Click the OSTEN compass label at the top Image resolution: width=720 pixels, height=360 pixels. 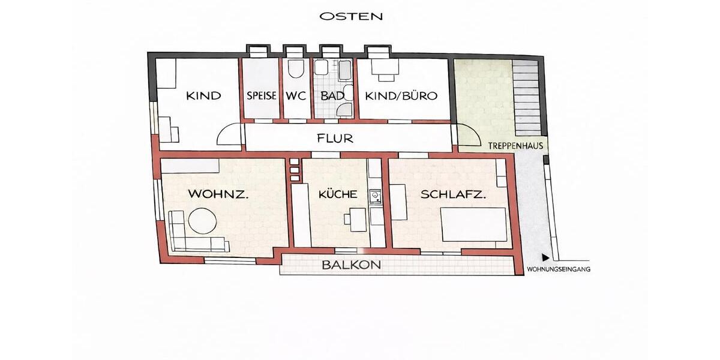click(351, 16)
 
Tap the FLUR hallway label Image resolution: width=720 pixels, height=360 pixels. click(335, 139)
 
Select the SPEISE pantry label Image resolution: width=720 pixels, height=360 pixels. click(261, 96)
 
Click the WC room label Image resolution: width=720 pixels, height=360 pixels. click(296, 96)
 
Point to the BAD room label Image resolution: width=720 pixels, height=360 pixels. click(332, 96)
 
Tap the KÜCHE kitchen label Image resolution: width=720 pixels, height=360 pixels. click(338, 194)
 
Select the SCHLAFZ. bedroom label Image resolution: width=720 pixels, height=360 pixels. click(453, 194)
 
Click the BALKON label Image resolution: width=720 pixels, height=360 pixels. click(352, 265)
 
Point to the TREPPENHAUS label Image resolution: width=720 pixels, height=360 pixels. click(515, 146)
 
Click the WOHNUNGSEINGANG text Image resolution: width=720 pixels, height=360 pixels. click(558, 269)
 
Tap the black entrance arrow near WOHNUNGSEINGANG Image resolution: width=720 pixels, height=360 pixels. click(545, 256)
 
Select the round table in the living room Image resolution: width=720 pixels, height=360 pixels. click(202, 221)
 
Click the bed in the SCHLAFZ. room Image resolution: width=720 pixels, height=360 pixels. click(474, 224)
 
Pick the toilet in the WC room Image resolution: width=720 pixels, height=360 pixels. click(295, 71)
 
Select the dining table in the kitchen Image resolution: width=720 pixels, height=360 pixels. click(357, 219)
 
